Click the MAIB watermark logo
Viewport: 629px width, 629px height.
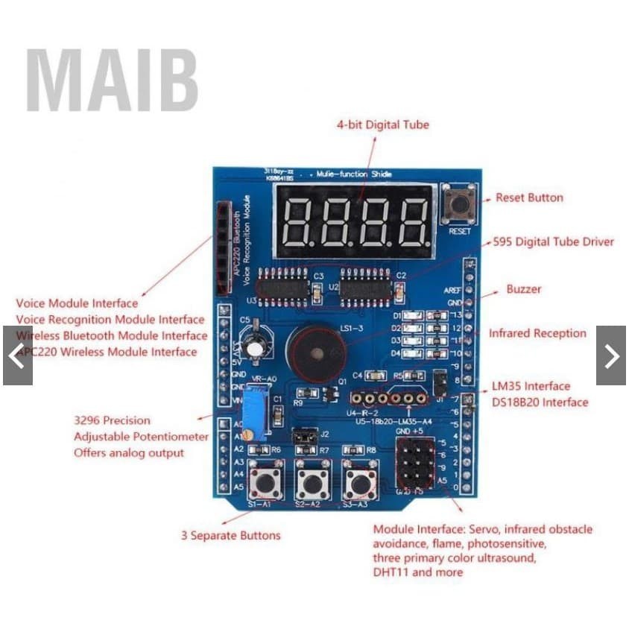[112, 80]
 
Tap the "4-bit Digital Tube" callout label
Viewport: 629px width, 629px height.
[383, 125]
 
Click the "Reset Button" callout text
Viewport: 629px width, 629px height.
[529, 197]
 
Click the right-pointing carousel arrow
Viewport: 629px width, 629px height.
[611, 355]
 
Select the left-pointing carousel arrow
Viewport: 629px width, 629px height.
[16, 355]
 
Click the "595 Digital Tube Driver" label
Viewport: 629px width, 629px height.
[554, 241]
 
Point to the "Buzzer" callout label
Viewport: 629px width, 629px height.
[524, 288]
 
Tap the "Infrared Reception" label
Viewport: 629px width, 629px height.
[537, 333]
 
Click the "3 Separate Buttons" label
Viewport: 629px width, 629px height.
[231, 535]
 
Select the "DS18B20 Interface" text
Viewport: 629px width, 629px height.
[540, 402]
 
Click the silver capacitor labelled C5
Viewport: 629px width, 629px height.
[256, 344]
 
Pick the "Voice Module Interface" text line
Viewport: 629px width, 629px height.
[77, 303]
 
